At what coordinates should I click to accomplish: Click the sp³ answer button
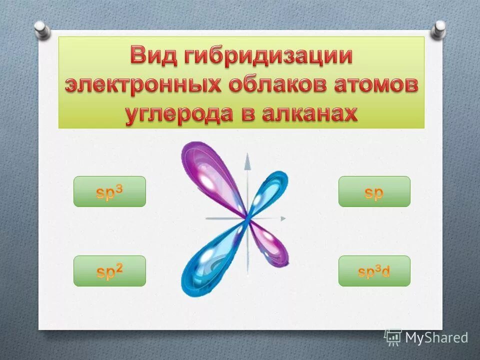(x=109, y=191)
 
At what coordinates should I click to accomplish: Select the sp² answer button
(x=109, y=271)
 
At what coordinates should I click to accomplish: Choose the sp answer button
(x=374, y=191)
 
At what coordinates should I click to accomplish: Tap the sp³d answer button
(x=374, y=271)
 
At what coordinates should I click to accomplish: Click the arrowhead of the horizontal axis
(x=283, y=218)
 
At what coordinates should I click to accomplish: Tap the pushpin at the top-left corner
(x=42, y=29)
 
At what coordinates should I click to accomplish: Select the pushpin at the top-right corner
(x=438, y=29)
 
